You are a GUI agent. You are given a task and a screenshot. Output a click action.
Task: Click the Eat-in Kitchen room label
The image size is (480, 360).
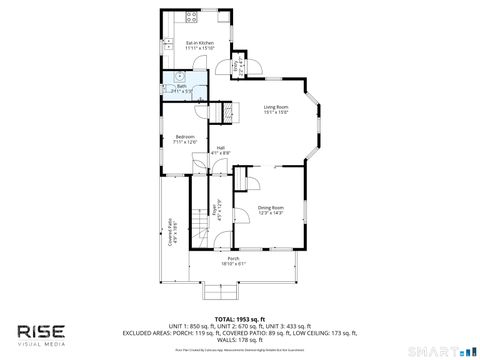pos(200,45)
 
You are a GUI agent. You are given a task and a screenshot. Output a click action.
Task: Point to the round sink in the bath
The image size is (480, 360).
pos(178,75)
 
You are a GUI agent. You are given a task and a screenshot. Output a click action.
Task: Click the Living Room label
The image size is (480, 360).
pos(276,109)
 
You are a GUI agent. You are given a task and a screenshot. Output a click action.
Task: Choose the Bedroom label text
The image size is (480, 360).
pos(186,139)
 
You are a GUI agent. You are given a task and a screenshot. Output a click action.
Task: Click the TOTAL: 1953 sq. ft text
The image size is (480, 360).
pos(240,319)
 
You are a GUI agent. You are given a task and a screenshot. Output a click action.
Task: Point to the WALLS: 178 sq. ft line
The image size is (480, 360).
pos(240,339)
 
